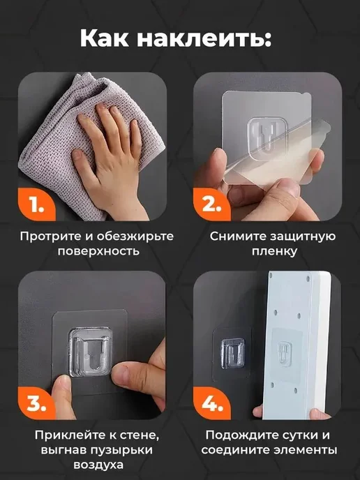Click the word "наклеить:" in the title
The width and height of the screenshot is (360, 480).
coord(204,38)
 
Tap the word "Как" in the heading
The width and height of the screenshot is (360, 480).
coord(105,38)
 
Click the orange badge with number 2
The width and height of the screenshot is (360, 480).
coord(211,204)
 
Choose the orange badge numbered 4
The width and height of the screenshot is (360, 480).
coord(211,403)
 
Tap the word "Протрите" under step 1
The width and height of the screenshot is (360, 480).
coord(50,237)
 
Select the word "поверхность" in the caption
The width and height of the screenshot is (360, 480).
coord(98,252)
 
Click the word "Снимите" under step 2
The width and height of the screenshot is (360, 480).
coord(235,237)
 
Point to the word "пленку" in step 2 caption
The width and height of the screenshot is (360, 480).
coord(274,252)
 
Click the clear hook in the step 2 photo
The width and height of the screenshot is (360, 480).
coord(268,138)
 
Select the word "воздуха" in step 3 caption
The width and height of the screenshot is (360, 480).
coord(98,465)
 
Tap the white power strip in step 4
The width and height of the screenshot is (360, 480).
coord(297,345)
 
